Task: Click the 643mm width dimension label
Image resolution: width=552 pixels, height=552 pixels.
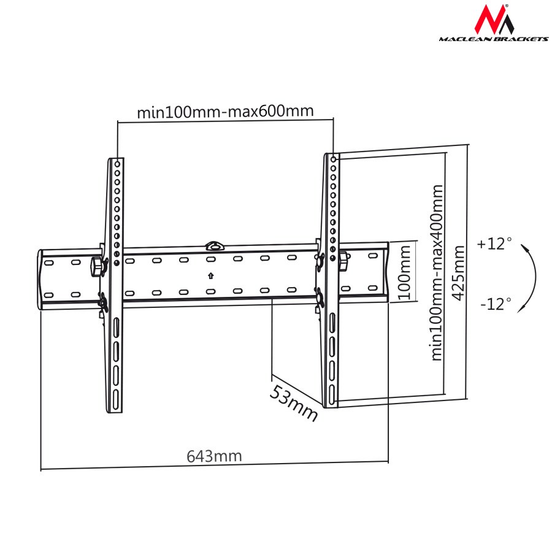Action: pyautogui.click(x=214, y=456)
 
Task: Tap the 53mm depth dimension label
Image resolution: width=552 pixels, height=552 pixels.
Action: pyautogui.click(x=294, y=404)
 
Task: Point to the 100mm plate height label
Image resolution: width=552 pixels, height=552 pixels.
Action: pyautogui.click(x=403, y=272)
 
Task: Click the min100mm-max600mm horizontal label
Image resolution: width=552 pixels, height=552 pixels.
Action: pyautogui.click(x=225, y=112)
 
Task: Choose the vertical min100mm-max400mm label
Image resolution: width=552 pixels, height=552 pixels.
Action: pyautogui.click(x=436, y=272)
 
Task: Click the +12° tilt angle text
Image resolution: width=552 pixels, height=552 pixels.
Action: pyautogui.click(x=494, y=243)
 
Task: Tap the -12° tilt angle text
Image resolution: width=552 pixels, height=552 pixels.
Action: pyautogui.click(x=496, y=304)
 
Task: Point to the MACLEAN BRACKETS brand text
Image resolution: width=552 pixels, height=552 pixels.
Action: pyautogui.click(x=493, y=39)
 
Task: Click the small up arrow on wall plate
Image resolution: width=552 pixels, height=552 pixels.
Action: pyautogui.click(x=210, y=275)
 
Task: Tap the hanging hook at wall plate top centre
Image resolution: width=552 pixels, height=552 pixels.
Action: pyautogui.click(x=213, y=246)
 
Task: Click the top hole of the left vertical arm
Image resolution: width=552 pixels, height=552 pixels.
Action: pyautogui.click(x=117, y=164)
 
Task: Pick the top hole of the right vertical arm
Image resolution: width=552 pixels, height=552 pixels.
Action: pyautogui.click(x=332, y=159)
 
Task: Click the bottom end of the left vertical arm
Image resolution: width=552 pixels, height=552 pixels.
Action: pyautogui.click(x=115, y=410)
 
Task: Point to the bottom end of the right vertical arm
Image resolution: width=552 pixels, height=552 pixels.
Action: pyautogui.click(x=331, y=404)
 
